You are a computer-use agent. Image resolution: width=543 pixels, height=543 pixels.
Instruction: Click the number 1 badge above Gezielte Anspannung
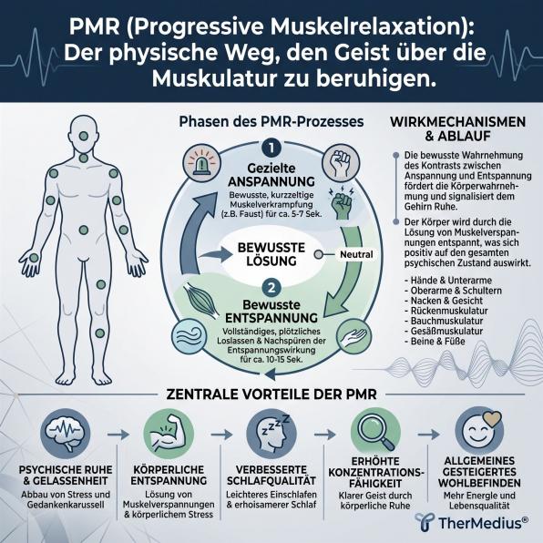[x=271, y=149]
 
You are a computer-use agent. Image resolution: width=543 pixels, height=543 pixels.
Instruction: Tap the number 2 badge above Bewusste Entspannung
[x=271, y=288]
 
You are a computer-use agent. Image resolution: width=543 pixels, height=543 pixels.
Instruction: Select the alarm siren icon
[x=202, y=163]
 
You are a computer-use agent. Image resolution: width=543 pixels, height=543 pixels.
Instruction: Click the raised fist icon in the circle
[x=341, y=163]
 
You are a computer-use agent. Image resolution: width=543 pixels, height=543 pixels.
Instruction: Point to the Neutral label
[x=356, y=254]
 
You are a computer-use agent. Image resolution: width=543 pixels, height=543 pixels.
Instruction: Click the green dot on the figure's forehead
[x=83, y=136]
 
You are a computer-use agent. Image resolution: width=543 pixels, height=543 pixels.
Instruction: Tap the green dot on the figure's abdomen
[x=84, y=230]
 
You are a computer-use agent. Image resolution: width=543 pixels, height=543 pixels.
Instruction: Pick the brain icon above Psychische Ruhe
[x=66, y=434]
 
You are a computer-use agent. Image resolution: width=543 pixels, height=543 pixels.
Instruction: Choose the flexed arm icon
[x=169, y=434]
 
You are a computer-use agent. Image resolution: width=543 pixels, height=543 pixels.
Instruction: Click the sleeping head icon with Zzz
[x=271, y=434]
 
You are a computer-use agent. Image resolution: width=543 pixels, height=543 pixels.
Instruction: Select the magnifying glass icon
[x=375, y=434]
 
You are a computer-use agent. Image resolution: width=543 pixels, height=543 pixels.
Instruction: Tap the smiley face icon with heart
[x=479, y=432]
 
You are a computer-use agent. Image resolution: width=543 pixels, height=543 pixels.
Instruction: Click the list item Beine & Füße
[x=435, y=341]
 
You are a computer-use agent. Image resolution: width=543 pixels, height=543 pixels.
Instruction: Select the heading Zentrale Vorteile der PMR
[x=271, y=394]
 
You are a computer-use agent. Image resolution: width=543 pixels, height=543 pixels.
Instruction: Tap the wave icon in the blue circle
[x=190, y=336]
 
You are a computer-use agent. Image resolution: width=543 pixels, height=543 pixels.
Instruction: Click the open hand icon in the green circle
[x=353, y=336]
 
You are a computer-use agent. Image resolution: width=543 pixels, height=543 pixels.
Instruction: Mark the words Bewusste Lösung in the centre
[x=271, y=254]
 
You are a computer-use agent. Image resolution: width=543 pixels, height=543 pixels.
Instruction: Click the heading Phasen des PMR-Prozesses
[x=271, y=121]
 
